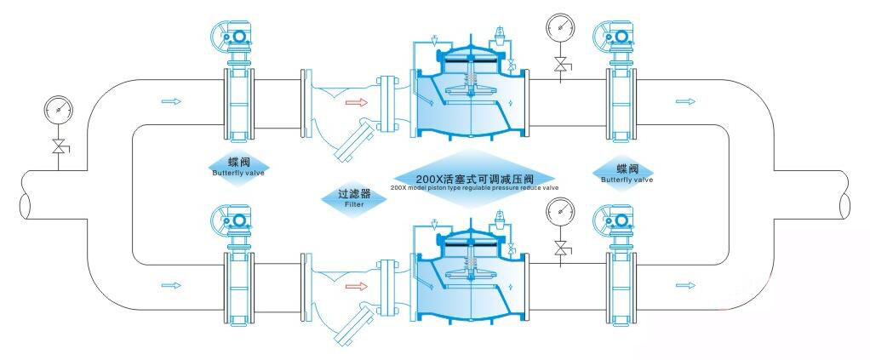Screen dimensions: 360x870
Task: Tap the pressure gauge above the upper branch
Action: tap(560, 26)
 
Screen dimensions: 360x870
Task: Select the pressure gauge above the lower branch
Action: tap(560, 209)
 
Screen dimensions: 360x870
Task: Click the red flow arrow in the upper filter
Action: tap(356, 103)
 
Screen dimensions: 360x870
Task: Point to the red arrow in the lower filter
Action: tap(356, 285)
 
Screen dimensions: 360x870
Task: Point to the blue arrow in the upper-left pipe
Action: tap(170, 102)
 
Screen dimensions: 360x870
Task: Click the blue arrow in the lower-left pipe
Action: tap(170, 284)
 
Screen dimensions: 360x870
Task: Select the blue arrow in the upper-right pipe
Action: tap(682, 102)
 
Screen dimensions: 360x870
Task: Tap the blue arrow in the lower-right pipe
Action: tap(682, 284)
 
